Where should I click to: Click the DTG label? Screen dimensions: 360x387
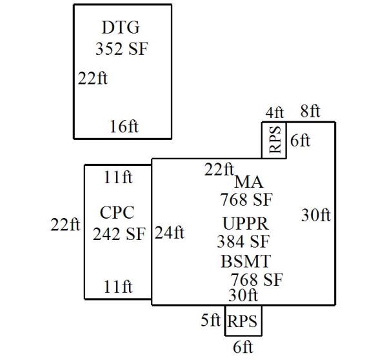pos(121,28)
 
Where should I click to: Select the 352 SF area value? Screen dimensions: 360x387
pos(121,49)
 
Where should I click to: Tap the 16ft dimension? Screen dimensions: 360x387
pos(124,126)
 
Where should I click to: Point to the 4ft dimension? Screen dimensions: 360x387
pos(274,112)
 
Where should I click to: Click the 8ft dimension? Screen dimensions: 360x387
pos(310,111)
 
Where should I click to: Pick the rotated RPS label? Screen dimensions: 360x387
pos(274,143)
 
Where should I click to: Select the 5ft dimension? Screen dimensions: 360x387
pos(211,320)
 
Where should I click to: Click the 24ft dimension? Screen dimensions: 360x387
pos(170,232)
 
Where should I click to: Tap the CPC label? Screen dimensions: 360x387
pos(117,212)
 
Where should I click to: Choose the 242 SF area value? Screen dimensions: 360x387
pos(119,234)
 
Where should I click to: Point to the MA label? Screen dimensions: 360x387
pos(248,183)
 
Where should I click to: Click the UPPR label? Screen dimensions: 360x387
pos(245,223)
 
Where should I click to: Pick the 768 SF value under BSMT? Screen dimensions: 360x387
pos(257,280)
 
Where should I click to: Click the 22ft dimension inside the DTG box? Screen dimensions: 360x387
pos(92,79)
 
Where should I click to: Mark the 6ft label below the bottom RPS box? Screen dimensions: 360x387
pos(243,347)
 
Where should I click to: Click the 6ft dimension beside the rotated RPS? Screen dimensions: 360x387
pos(300,141)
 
